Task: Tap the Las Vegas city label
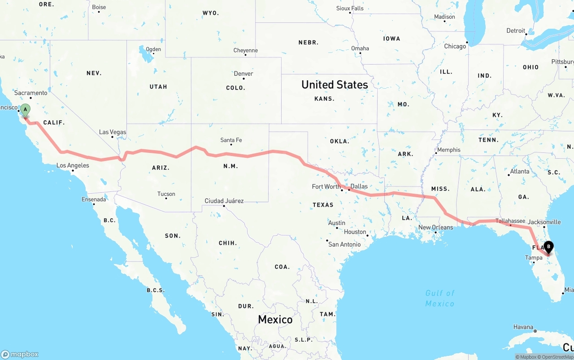click(113, 132)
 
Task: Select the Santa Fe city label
click(231, 140)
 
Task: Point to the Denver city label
click(244, 74)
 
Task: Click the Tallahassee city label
click(510, 221)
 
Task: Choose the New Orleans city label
click(435, 227)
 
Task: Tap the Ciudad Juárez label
click(224, 201)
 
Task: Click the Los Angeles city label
click(73, 165)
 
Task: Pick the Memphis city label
click(449, 150)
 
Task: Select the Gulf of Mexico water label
click(440, 298)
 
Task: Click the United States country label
click(335, 84)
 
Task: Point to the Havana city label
click(523, 327)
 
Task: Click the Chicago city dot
click(467, 43)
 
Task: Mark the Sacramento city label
click(30, 93)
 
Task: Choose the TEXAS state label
click(323, 205)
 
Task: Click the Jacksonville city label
click(544, 222)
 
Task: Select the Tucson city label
click(166, 194)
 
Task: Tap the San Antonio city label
click(344, 244)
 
